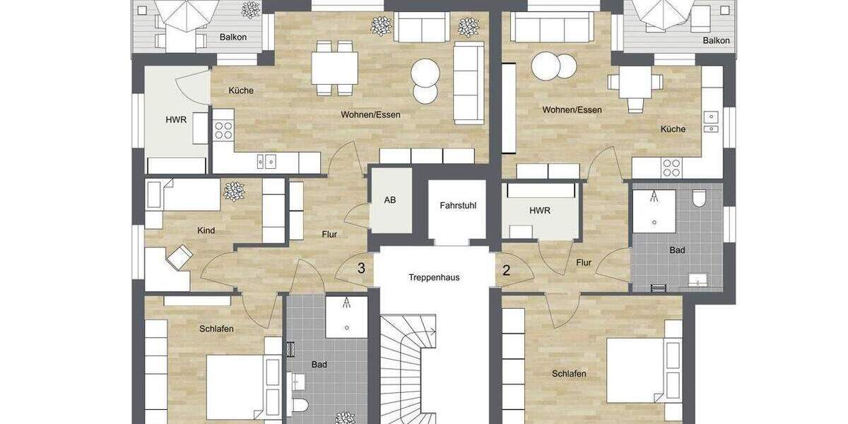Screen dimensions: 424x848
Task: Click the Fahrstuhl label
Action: (x=457, y=206)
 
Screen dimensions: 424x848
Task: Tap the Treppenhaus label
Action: (x=434, y=277)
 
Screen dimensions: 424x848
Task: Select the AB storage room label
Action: (x=390, y=200)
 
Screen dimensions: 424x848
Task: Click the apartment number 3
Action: (x=361, y=269)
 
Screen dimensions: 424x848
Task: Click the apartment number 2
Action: (x=506, y=269)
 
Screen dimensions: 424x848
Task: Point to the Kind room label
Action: (x=206, y=230)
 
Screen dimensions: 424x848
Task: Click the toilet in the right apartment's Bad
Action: (x=700, y=197)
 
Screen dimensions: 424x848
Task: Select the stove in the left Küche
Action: (x=223, y=130)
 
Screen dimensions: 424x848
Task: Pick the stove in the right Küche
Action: (x=671, y=167)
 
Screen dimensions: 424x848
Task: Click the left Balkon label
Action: (x=232, y=37)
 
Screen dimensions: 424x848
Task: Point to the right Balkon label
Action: (x=716, y=41)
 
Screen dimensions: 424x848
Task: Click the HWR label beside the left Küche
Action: (x=176, y=119)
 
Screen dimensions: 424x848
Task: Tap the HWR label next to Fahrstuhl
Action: (x=539, y=211)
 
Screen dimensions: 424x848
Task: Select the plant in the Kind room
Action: (x=233, y=191)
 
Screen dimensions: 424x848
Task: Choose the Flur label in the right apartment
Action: (x=583, y=263)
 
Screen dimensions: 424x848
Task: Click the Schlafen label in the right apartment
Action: (x=569, y=373)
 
